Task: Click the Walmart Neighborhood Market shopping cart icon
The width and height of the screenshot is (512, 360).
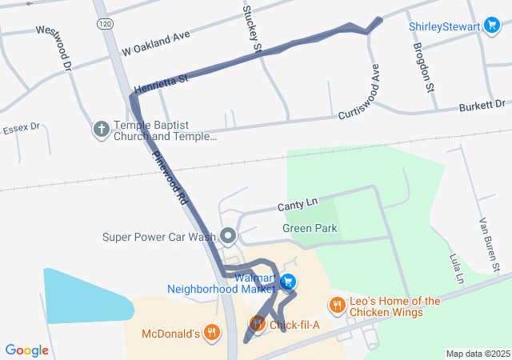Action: (289, 282)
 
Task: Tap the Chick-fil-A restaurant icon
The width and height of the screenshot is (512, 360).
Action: (257, 323)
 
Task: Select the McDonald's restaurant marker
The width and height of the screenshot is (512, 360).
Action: (211, 332)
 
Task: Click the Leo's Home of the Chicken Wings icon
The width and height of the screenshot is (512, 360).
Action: (337, 305)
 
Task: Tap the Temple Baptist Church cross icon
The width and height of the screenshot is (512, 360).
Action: (102, 128)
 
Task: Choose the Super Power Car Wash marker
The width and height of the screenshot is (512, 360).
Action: (228, 236)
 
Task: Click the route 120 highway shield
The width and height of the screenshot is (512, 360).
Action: (105, 25)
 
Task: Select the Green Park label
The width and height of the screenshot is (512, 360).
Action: (310, 229)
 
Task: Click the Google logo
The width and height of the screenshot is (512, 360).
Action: (26, 350)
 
